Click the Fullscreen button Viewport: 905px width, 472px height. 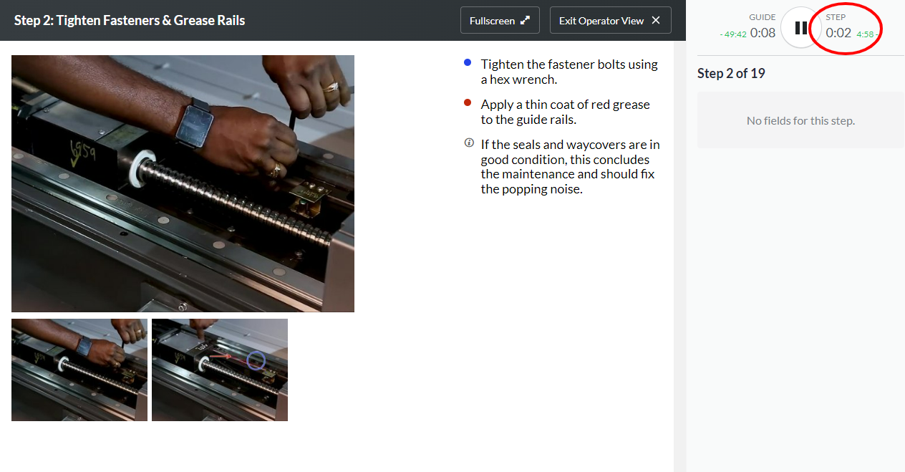tap(500, 20)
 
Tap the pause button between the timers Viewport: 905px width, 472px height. tap(800, 28)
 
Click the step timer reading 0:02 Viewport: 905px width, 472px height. tap(838, 33)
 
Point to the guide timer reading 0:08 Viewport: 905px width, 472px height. tap(763, 33)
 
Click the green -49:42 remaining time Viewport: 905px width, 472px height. tap(733, 34)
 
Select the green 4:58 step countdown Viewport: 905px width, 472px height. tap(865, 34)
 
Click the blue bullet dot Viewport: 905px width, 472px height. tap(468, 62)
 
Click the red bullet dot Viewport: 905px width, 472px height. tap(468, 102)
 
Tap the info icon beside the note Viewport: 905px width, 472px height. tap(469, 143)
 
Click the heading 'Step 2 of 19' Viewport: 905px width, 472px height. tap(731, 73)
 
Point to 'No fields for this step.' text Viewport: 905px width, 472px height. tap(800, 120)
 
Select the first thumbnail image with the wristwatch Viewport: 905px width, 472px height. tap(79, 370)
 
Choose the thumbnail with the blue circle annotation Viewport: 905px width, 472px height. tap(220, 370)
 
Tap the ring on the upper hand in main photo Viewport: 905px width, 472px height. tap(332, 87)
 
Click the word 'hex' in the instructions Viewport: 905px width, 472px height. tap(500, 80)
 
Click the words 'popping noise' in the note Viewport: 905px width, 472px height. tap(542, 189)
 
